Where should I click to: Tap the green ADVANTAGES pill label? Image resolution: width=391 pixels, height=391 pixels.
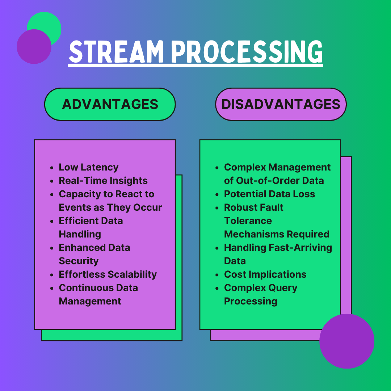tap(110, 104)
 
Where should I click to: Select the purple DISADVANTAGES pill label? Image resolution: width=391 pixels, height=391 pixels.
tap(281, 104)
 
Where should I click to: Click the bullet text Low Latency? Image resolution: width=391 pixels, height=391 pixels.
tap(88, 167)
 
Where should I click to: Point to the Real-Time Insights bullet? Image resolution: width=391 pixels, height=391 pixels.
tap(103, 181)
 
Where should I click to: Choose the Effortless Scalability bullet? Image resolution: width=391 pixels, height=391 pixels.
tap(108, 274)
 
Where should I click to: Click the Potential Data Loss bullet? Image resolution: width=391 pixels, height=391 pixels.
tap(269, 194)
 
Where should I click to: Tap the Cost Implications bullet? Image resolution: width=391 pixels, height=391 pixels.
tap(265, 274)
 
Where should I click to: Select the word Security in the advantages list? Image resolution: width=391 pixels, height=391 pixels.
tap(79, 261)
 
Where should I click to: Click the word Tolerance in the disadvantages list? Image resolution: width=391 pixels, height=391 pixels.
tap(248, 221)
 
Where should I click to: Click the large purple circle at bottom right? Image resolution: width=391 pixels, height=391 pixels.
tap(346, 341)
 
